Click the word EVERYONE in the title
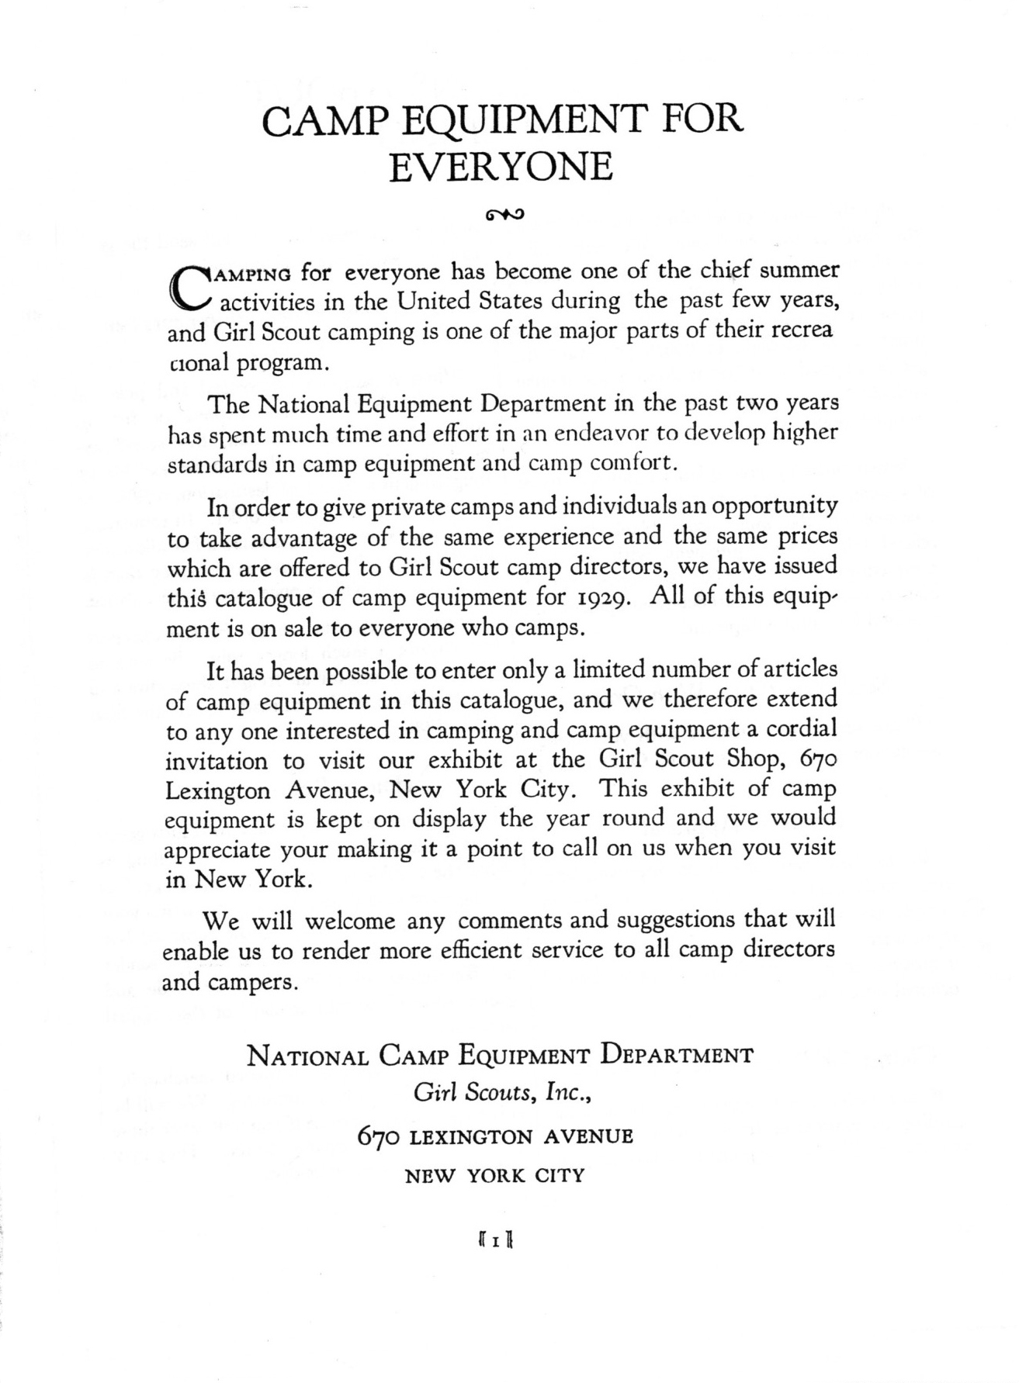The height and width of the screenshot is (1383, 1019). click(x=501, y=168)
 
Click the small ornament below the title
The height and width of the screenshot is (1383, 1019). click(x=504, y=212)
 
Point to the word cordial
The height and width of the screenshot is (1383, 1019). click(x=802, y=730)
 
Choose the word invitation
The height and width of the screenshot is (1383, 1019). click(x=217, y=761)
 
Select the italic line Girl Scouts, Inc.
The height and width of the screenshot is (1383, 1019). click(x=504, y=1094)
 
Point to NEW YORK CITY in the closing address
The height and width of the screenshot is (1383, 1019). click(x=495, y=1176)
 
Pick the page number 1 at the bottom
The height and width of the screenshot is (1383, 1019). click(x=493, y=1242)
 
